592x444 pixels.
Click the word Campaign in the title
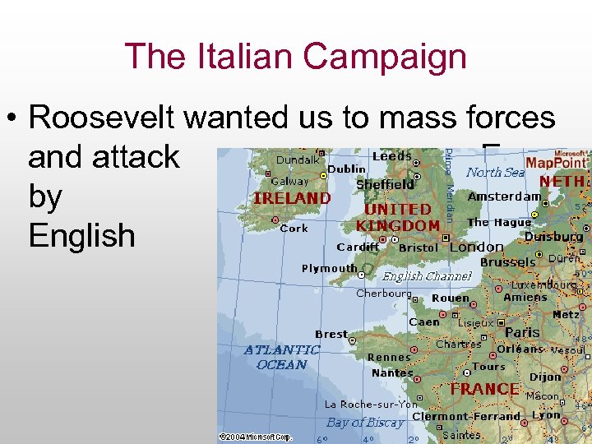385,57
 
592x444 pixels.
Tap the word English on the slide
81,236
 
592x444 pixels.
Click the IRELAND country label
292,198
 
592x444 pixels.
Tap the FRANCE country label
484,389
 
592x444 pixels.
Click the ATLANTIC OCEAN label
282,357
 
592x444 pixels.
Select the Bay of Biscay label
365,423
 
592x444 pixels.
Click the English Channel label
426,276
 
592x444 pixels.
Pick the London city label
477,247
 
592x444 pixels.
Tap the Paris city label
522,332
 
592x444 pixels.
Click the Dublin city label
347,169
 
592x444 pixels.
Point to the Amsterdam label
504,197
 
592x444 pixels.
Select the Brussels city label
507,262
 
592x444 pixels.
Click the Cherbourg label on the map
383,293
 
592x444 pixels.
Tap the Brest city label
331,334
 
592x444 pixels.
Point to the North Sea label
495,172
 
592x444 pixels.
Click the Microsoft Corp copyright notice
255,437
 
